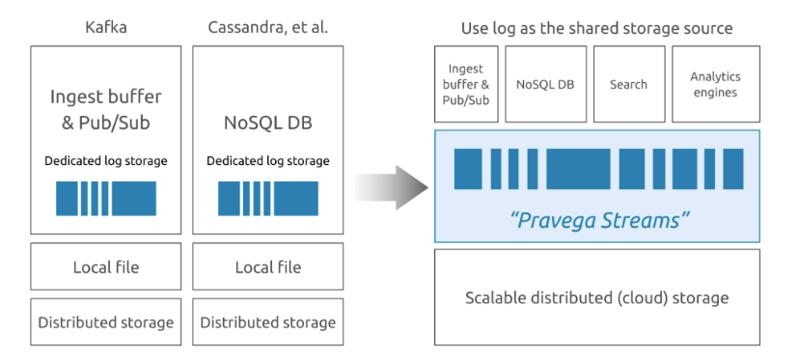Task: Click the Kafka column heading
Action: click(x=105, y=27)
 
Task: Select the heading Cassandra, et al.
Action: click(x=267, y=27)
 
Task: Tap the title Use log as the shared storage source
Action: click(x=596, y=28)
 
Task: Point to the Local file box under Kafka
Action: click(x=105, y=267)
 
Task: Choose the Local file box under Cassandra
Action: click(x=267, y=267)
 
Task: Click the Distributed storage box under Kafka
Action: click(x=105, y=322)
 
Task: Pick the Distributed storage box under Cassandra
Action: click(x=267, y=322)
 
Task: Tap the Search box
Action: click(x=628, y=84)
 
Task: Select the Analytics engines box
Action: click(x=714, y=84)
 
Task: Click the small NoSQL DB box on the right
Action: click(x=545, y=84)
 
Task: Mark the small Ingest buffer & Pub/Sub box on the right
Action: click(x=466, y=84)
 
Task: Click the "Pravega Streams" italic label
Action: click(x=598, y=220)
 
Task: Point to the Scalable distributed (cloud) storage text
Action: click(x=596, y=297)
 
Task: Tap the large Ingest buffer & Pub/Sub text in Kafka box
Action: click(x=105, y=109)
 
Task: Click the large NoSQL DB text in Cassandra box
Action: click(x=267, y=124)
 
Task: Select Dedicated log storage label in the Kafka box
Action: click(x=105, y=160)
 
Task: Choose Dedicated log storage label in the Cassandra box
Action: click(x=267, y=160)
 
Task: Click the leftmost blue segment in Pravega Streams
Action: click(x=468, y=169)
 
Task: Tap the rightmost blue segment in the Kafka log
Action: click(x=134, y=198)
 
